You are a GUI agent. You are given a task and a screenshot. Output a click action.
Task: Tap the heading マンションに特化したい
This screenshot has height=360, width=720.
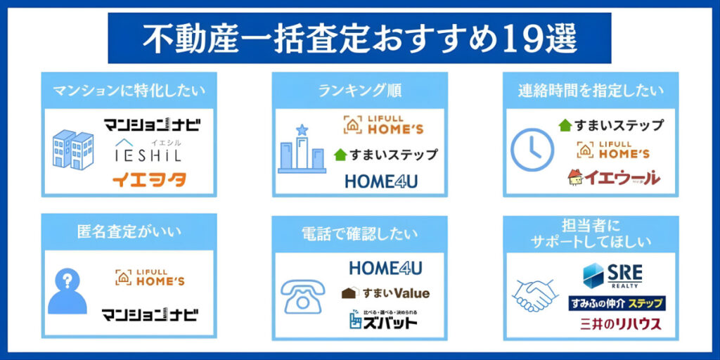[129, 90]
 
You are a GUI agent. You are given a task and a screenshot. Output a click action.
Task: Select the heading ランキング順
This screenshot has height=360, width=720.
[359, 90]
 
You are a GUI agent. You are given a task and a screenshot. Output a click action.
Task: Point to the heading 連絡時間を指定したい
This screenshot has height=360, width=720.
[591, 90]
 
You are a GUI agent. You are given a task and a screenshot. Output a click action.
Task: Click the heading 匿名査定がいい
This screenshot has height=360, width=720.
[129, 232]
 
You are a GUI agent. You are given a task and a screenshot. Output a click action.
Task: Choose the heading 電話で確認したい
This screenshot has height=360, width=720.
[359, 232]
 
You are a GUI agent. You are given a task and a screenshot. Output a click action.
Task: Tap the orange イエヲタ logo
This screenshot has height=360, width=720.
[149, 180]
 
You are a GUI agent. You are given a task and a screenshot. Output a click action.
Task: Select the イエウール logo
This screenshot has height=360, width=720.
[614, 177]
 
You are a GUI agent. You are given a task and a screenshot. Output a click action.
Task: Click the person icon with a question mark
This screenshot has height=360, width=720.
[67, 291]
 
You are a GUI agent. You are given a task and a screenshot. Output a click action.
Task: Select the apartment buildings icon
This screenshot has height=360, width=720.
[73, 149]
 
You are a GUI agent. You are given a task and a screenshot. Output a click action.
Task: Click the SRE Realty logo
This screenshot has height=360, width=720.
[612, 276]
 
